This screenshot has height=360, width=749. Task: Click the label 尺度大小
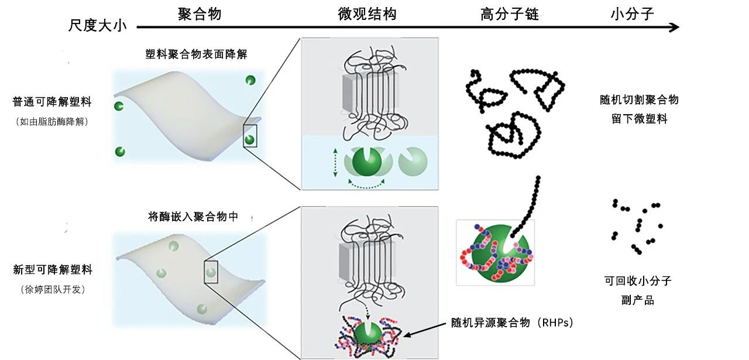97,26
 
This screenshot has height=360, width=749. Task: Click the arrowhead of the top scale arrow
674,27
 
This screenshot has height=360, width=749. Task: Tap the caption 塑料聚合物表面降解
193,54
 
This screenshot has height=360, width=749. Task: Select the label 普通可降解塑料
52,102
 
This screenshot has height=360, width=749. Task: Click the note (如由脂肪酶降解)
52,122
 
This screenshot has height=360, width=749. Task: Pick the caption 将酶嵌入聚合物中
194,217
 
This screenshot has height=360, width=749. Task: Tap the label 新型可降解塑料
53,270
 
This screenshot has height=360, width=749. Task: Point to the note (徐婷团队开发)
52,289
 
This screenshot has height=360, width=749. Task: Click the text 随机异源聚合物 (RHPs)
511,323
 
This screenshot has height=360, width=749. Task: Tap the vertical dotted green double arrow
335,162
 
